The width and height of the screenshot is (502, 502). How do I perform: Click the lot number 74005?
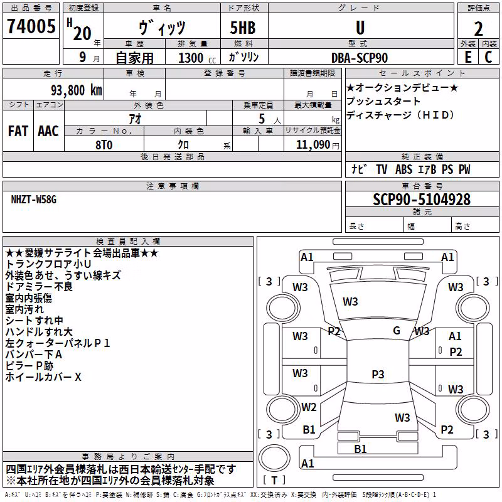click(x=31, y=26)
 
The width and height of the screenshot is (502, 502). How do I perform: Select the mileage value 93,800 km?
click(x=76, y=90)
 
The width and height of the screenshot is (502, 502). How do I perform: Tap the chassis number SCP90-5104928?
click(x=422, y=199)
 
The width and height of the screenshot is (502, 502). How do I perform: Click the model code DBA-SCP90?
click(x=359, y=58)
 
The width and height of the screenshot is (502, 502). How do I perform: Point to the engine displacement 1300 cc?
click(x=197, y=58)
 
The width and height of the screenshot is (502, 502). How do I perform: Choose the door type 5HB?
click(x=243, y=28)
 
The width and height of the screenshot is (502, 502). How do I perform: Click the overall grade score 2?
click(x=478, y=29)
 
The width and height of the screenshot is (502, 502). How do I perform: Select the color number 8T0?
click(x=104, y=145)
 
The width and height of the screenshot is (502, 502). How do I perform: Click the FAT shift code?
click(x=18, y=131)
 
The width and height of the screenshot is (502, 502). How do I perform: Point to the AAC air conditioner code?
click(x=48, y=131)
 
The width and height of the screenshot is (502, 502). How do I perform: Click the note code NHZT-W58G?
click(x=34, y=200)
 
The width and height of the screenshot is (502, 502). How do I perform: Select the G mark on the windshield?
click(x=397, y=330)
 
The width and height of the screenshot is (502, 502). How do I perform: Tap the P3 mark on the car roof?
click(x=378, y=374)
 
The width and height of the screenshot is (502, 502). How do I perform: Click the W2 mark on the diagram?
click(x=309, y=407)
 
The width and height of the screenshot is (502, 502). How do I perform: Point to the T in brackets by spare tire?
click(x=274, y=480)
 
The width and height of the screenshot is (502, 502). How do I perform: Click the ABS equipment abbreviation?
click(x=403, y=169)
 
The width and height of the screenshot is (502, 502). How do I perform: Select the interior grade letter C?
click(x=488, y=57)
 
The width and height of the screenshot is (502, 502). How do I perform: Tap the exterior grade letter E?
click(x=468, y=57)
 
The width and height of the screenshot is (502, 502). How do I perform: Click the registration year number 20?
click(x=82, y=33)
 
